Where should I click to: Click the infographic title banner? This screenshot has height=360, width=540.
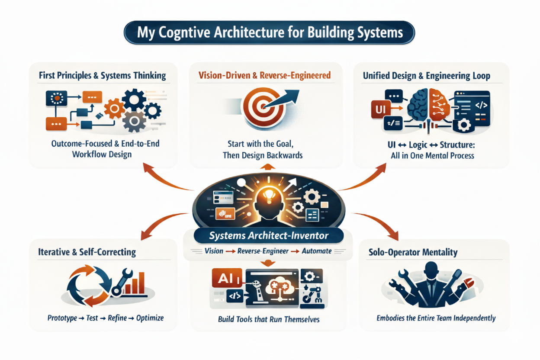click(270, 33)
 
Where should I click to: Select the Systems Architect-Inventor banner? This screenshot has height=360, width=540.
click(268, 236)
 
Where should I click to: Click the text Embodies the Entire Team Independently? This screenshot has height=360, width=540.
click(435, 318)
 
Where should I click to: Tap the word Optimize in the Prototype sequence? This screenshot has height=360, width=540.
click(150, 318)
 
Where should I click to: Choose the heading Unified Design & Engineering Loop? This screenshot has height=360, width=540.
click(426, 76)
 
